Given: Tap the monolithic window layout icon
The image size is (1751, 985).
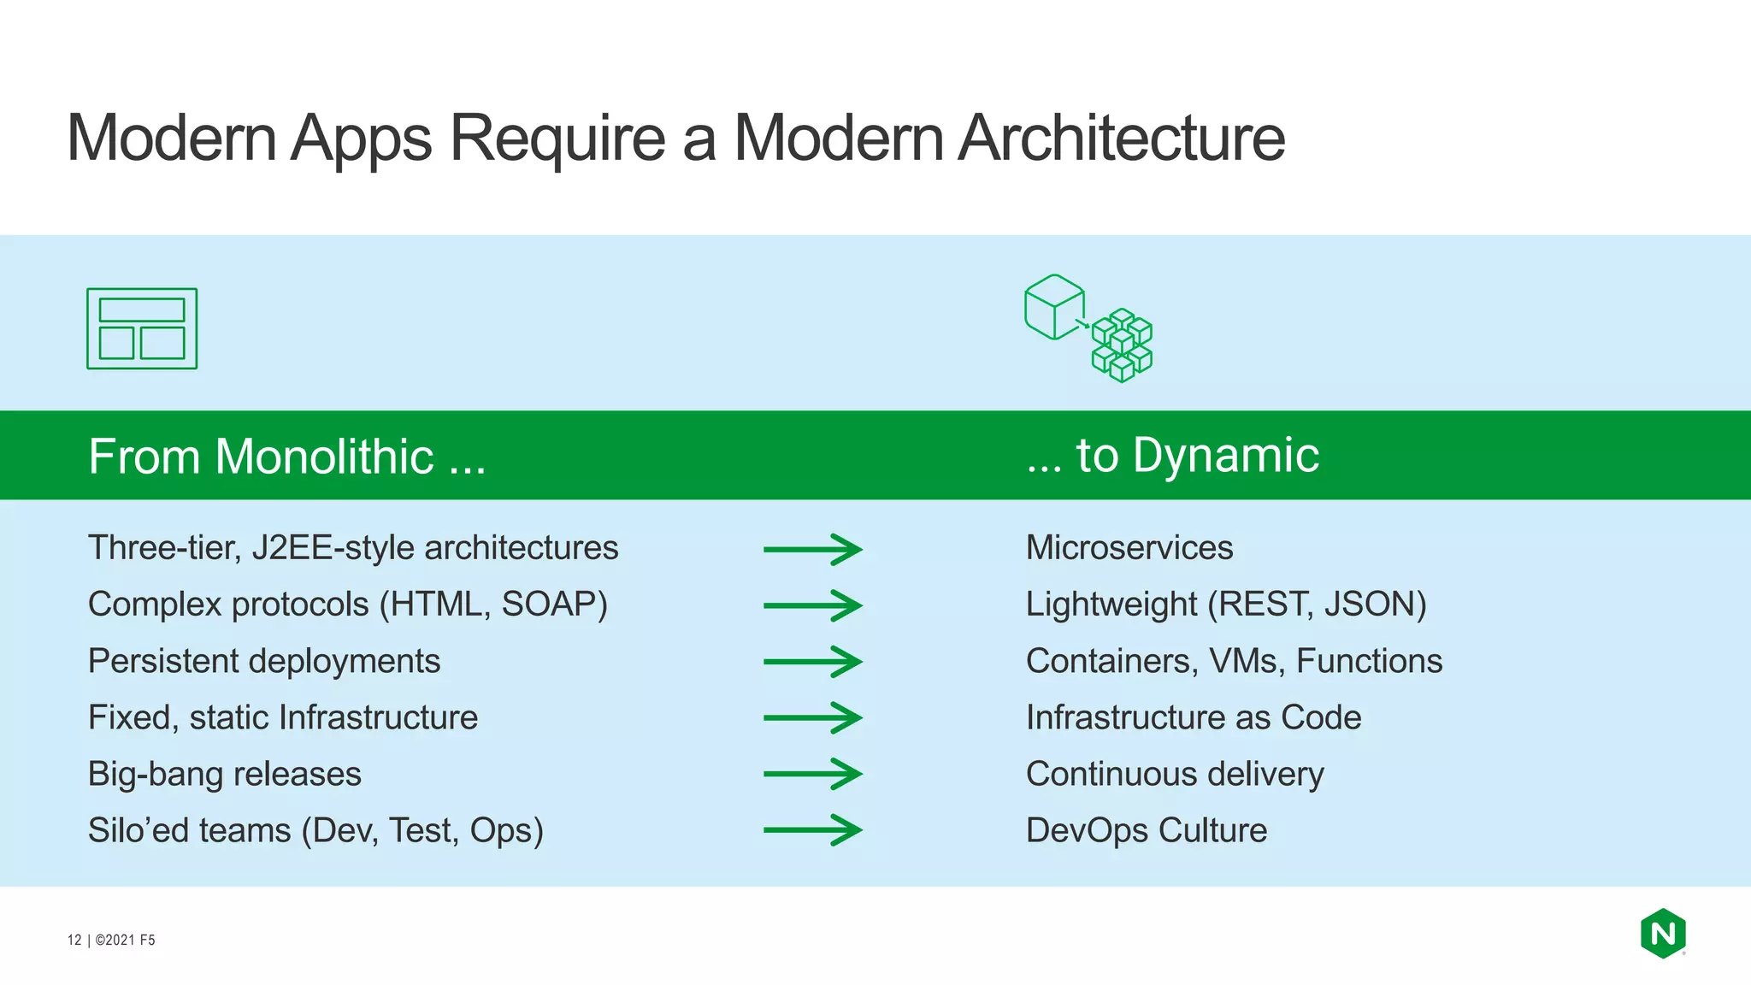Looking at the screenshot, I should (x=142, y=329).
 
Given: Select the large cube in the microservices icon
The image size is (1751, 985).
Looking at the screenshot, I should (x=1054, y=307).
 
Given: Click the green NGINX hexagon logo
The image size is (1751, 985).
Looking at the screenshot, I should (x=1663, y=933).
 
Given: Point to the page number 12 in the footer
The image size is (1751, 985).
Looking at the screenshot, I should (x=74, y=940).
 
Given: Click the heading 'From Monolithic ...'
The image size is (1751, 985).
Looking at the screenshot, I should (x=286, y=456).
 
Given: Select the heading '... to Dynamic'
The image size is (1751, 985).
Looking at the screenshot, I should (x=1172, y=455).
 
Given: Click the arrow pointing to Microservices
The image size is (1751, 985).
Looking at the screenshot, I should (x=812, y=549).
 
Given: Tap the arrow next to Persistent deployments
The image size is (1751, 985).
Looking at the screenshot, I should (x=812, y=662).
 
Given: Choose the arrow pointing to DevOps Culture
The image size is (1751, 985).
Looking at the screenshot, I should (x=812, y=829).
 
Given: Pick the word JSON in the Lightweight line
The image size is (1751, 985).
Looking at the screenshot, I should (x=1374, y=605).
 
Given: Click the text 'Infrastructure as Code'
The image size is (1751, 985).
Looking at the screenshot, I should (x=1193, y=717).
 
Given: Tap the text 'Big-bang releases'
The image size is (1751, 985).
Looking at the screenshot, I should (x=224, y=774).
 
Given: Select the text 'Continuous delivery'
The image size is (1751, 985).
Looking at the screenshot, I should (x=1174, y=774).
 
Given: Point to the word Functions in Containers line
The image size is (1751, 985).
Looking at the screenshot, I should (x=1369, y=661).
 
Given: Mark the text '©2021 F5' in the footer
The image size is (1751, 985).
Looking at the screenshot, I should (x=125, y=940).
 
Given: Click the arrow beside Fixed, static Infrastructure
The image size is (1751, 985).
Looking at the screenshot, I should (x=812, y=717).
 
